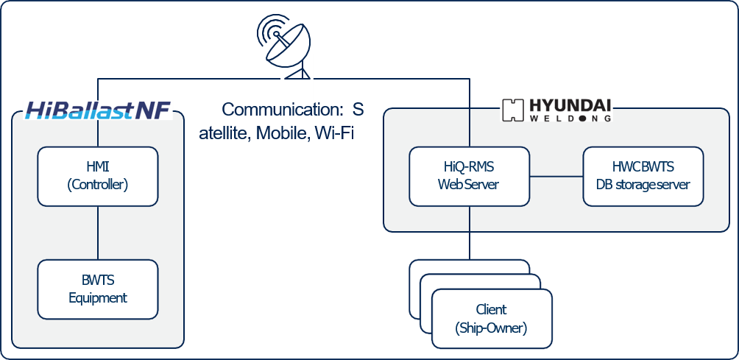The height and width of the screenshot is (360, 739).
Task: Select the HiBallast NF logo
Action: coord(98,110)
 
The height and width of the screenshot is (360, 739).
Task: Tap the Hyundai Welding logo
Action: coord(556,110)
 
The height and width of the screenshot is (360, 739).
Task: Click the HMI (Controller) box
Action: coord(98,177)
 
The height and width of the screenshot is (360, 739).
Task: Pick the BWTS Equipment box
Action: coord(98,289)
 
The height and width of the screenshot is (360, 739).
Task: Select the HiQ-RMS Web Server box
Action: coord(469,177)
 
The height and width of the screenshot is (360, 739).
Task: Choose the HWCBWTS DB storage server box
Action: coord(643,177)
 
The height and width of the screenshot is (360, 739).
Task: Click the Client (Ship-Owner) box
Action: coord(491,319)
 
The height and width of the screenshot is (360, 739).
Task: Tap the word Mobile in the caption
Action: coord(281,134)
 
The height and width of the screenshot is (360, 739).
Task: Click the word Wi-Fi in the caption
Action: coord(335,134)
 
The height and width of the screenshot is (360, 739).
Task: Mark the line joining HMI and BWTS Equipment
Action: coord(98,233)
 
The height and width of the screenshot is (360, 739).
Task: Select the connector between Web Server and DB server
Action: coord(556,177)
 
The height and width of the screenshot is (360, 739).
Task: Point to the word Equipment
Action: coord(98,298)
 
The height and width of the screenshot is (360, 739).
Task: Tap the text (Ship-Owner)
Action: coord(491,328)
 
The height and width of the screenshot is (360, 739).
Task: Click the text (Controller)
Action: coord(98,186)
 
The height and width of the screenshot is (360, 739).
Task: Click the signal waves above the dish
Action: coord(270,29)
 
